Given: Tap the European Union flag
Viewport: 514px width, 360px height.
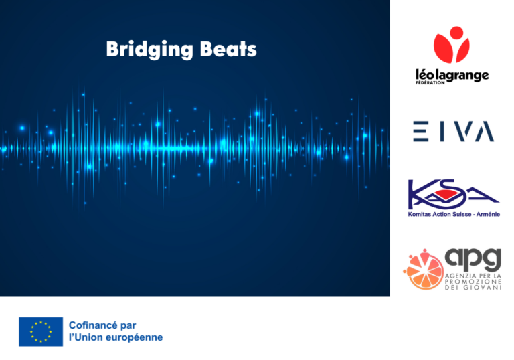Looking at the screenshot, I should pyautogui.click(x=41, y=331).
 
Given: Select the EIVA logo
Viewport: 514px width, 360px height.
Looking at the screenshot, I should pyautogui.click(x=452, y=132).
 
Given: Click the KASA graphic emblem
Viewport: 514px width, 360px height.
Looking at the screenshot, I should pyautogui.click(x=453, y=194).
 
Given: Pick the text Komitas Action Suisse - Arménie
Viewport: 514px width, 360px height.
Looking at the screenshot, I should pyautogui.click(x=454, y=215).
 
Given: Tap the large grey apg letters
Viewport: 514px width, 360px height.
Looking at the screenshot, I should pyautogui.click(x=473, y=258).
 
